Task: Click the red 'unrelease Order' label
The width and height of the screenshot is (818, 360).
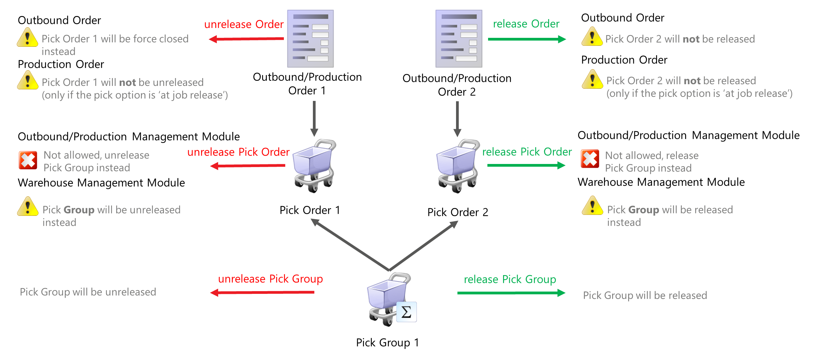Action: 244,25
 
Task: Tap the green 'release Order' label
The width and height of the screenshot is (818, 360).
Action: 526,24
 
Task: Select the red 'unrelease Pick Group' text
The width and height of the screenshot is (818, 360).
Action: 270,279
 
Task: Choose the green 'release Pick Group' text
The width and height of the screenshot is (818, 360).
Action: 510,280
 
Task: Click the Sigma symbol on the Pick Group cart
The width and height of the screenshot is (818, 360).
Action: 406,312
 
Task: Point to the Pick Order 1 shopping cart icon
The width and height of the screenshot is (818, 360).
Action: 314,165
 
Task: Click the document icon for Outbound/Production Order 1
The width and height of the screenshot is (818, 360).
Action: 310,39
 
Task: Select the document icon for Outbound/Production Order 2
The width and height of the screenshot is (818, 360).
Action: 459,39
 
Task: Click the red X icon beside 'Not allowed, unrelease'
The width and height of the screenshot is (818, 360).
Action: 28,160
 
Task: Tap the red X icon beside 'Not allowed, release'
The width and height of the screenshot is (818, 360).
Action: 590,159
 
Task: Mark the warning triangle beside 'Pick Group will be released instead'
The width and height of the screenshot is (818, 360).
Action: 592,206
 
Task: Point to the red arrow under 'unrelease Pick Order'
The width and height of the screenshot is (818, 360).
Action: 248,166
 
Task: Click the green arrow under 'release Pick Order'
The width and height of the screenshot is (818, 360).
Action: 526,165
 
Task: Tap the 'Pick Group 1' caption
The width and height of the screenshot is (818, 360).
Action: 388,342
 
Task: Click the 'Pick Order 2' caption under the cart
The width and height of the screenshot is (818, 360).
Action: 458,212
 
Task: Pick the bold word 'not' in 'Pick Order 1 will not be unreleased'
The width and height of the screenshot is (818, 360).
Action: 127,82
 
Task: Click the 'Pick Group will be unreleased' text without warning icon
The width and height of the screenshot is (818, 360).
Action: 88,292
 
